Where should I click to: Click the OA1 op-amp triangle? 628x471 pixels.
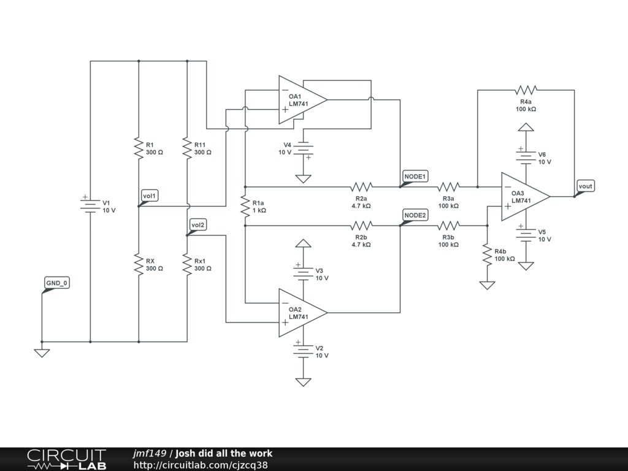(x=303, y=100)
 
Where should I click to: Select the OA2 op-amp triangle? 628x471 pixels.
(x=303, y=313)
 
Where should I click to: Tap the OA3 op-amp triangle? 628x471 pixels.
(x=526, y=197)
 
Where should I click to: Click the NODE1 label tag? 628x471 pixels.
(x=415, y=177)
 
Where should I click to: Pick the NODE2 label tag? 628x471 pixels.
(x=415, y=215)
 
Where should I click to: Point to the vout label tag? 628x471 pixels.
(x=585, y=186)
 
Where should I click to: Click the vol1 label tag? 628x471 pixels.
(x=150, y=196)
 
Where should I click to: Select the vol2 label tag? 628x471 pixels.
(x=198, y=225)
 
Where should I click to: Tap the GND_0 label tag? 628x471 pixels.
(x=56, y=283)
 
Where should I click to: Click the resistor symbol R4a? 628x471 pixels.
(x=526, y=90)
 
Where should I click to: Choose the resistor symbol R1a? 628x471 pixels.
(x=245, y=206)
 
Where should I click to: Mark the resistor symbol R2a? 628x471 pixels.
(x=361, y=186)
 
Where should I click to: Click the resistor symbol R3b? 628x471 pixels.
(x=448, y=226)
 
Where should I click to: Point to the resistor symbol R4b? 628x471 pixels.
(x=487, y=255)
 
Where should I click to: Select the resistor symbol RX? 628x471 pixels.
(x=139, y=264)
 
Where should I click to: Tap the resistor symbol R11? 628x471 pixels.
(x=187, y=148)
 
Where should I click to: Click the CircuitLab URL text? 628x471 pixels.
(x=201, y=465)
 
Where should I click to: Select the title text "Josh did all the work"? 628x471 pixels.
(x=224, y=453)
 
